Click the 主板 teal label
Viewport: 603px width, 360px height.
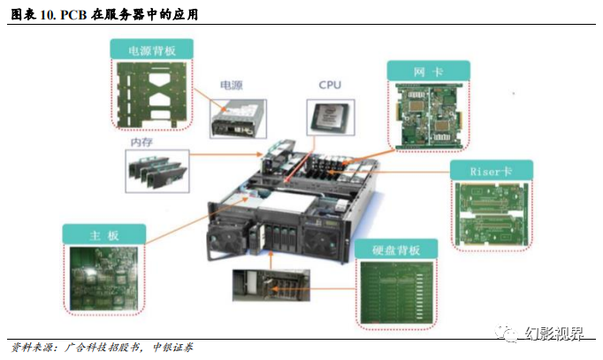click(x=103, y=234)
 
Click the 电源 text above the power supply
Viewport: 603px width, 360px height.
click(x=232, y=86)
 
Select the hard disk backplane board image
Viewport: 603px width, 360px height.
click(x=400, y=293)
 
